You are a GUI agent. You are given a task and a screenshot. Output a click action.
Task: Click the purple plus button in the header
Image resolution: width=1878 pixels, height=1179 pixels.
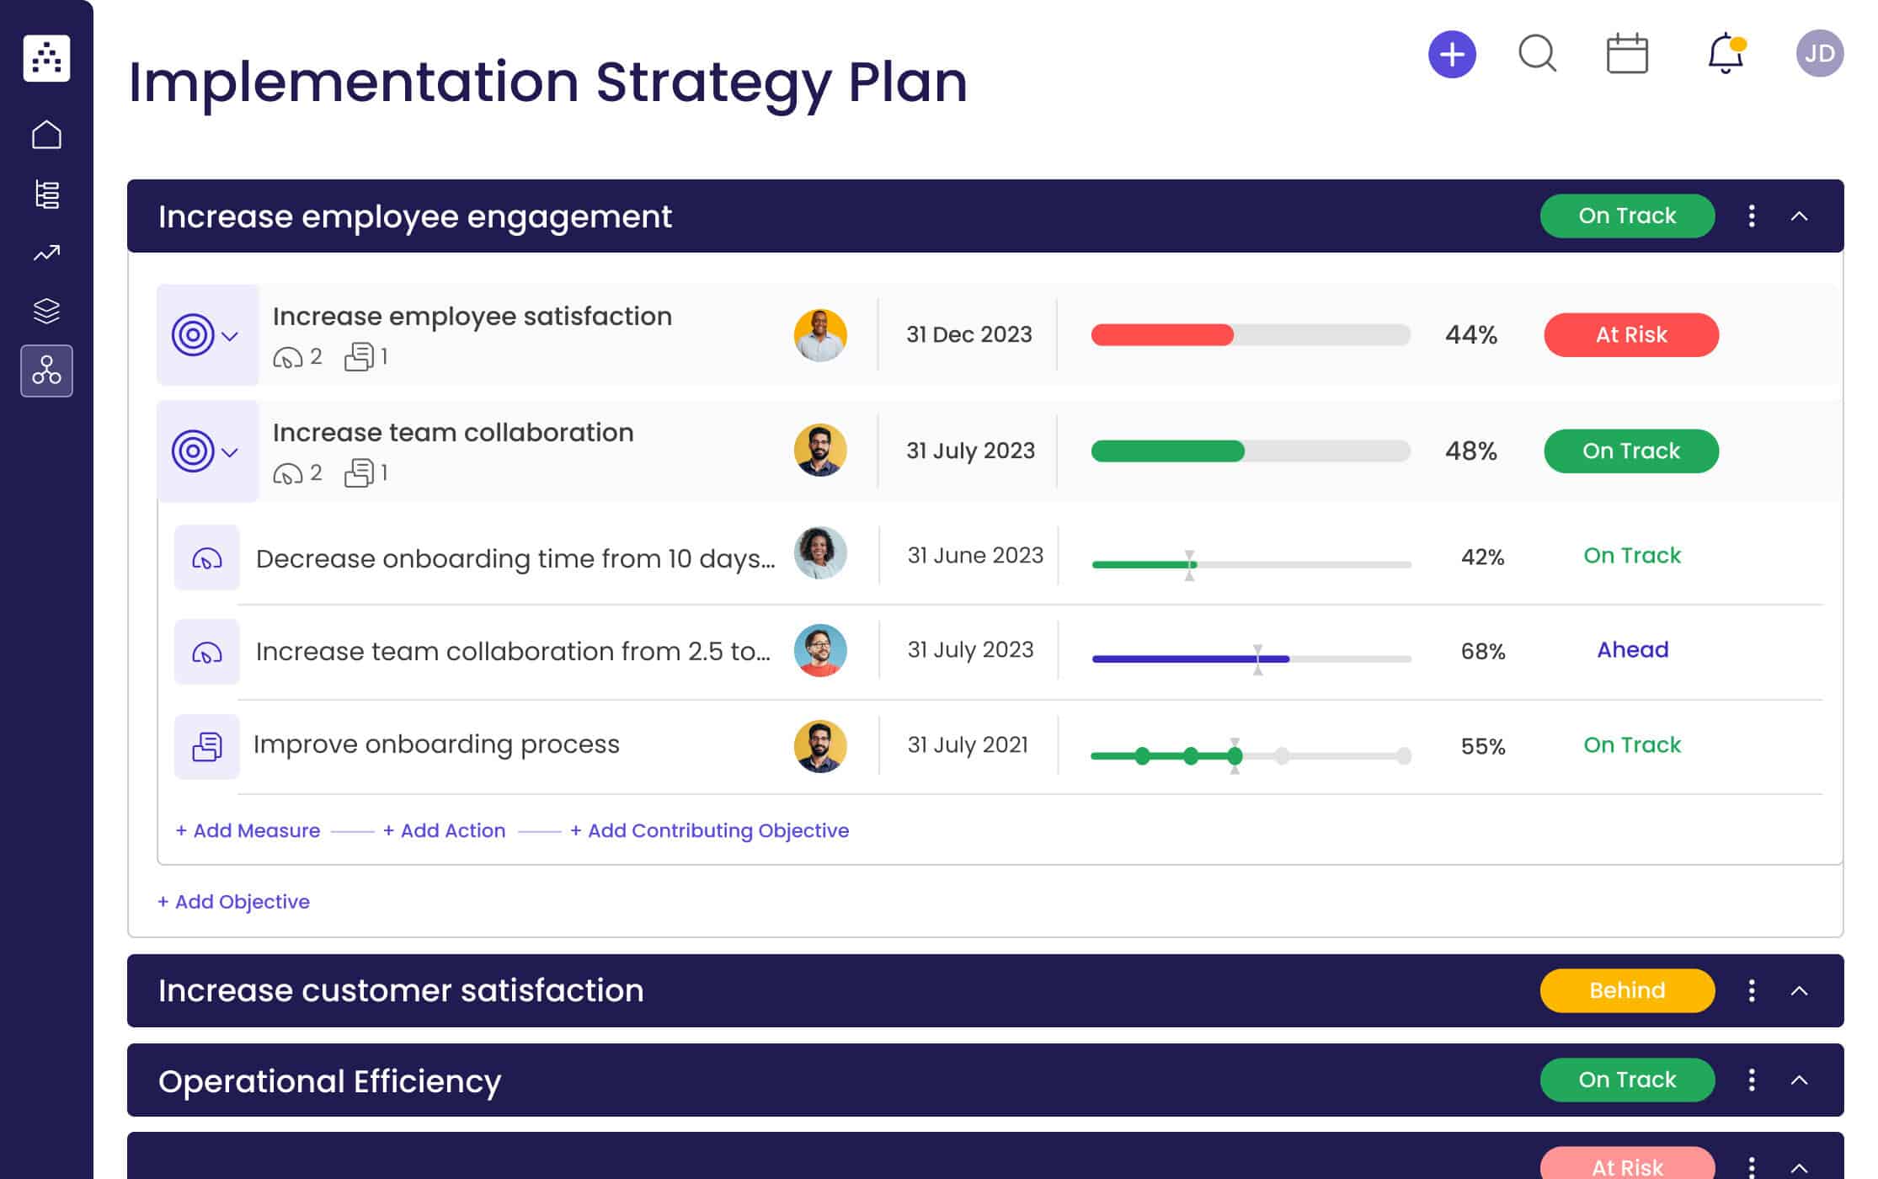tap(1452, 55)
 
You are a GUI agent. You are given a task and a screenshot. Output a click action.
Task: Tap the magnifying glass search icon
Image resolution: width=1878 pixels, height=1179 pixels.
tap(1537, 54)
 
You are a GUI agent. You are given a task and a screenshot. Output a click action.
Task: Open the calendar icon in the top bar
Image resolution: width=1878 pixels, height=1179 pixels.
tap(1626, 55)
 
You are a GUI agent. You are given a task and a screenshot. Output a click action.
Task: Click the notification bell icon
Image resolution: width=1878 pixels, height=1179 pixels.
tap(1725, 54)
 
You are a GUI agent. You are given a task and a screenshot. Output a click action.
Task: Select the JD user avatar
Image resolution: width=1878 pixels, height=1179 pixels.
tap(1819, 54)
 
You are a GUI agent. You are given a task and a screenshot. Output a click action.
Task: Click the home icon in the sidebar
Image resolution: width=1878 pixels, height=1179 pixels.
tap(46, 135)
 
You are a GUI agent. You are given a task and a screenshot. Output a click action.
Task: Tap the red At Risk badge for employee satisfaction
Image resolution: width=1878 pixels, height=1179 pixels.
tap(1630, 335)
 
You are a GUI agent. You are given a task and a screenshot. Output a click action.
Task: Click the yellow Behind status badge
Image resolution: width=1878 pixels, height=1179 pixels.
tap(1626, 990)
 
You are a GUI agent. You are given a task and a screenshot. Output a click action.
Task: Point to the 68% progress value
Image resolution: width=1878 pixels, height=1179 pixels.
tap(1482, 651)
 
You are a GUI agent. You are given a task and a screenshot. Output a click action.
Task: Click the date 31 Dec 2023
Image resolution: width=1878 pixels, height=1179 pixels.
tap(968, 335)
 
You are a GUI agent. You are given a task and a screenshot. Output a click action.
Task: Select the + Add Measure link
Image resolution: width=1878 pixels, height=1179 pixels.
tap(248, 830)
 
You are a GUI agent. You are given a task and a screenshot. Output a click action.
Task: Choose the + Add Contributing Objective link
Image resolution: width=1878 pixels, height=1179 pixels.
tap(709, 830)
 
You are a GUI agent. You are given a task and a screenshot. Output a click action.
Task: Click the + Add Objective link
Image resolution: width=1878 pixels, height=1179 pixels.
tap(233, 902)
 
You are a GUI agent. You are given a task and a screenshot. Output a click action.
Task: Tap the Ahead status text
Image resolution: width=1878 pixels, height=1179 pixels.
tap(1632, 650)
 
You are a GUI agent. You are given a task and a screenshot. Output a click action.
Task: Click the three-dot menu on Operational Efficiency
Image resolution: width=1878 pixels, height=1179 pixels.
tap(1751, 1080)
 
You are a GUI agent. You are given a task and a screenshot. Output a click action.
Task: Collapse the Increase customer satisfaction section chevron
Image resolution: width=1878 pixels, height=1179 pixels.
tap(1799, 990)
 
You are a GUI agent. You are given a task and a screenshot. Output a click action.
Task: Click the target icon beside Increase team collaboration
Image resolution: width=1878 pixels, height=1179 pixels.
tap(193, 451)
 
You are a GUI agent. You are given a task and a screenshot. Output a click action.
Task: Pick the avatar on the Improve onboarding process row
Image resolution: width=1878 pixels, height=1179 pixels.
tap(819, 746)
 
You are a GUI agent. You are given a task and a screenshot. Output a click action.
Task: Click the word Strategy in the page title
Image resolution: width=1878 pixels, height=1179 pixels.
tap(713, 83)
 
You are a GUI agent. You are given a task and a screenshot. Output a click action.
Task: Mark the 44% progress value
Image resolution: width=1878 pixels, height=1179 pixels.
tap(1470, 335)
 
